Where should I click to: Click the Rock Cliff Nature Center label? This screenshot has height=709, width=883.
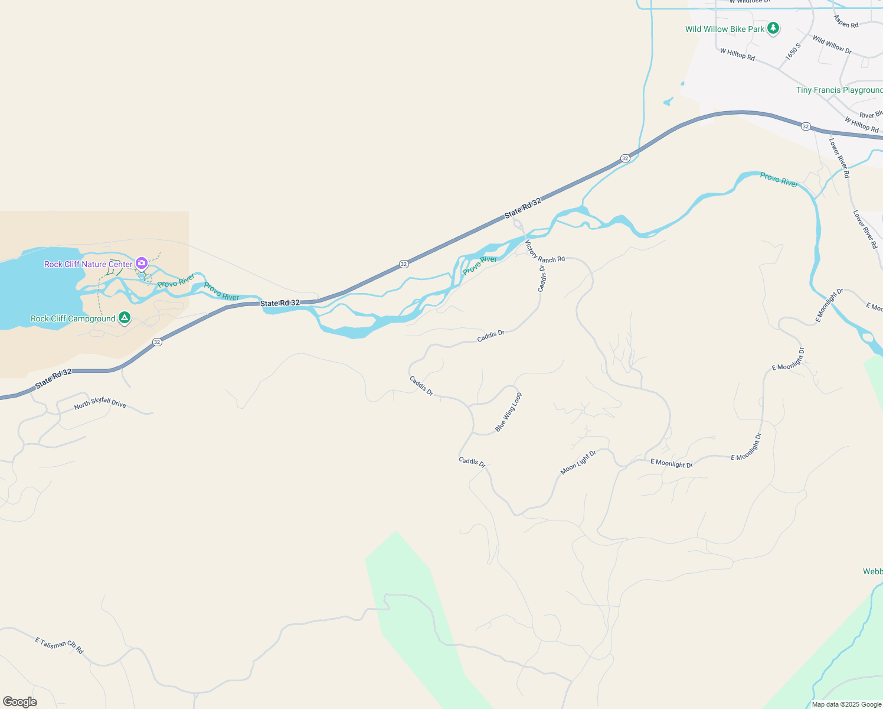tap(89, 264)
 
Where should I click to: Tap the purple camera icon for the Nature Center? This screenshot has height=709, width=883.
tap(142, 263)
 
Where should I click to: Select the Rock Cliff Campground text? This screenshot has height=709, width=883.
tap(73, 318)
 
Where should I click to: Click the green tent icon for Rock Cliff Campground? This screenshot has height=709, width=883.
tap(124, 318)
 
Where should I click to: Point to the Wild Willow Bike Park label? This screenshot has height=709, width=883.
tap(725, 29)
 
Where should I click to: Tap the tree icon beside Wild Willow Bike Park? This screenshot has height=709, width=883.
tap(773, 28)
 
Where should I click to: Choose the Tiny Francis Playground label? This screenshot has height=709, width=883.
tap(839, 90)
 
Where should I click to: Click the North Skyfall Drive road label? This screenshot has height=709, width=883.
tap(100, 403)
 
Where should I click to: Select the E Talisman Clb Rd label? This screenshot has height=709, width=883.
tap(59, 645)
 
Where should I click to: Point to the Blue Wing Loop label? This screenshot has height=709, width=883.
tap(508, 412)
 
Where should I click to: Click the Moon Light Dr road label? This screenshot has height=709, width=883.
tap(578, 462)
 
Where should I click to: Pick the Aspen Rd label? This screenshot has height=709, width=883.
tap(846, 22)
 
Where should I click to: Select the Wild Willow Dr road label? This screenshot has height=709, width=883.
tap(832, 44)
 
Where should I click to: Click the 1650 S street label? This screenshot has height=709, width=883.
tap(793, 51)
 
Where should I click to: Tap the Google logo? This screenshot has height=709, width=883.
tap(20, 702)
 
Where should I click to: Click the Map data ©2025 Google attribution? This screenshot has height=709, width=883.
tap(846, 704)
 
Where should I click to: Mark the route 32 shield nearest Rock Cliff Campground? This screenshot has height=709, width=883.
tap(157, 342)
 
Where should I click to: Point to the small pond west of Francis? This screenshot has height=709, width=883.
tap(668, 102)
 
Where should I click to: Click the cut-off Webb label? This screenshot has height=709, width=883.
tap(872, 571)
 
